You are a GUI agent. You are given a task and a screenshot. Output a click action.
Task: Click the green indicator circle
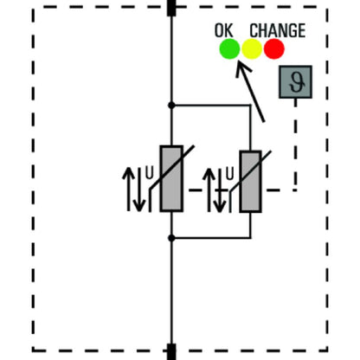229,48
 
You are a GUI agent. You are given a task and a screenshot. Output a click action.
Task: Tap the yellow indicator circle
252,48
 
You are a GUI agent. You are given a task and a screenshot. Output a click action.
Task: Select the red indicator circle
274,48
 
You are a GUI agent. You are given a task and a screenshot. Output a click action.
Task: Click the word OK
224,30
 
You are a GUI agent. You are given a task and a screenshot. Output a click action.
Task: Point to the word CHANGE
278,30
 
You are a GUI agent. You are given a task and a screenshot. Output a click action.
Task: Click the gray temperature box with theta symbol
295,82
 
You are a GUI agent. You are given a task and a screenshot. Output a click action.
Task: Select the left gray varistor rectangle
171,178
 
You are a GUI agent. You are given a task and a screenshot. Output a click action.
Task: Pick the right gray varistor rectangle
251,182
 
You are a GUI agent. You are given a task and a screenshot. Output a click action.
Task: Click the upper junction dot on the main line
171,106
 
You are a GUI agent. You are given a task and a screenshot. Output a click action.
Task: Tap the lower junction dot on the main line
171,238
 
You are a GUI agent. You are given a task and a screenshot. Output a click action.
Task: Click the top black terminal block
171,8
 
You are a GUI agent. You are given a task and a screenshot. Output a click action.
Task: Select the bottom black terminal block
171,351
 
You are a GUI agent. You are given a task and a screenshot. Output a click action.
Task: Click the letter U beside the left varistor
149,173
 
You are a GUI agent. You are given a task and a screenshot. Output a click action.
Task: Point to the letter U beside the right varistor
229,174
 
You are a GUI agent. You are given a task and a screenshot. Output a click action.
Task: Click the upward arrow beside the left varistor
129,189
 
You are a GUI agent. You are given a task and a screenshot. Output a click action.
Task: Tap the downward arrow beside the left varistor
139,190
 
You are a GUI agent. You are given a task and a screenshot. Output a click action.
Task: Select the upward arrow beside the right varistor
209,190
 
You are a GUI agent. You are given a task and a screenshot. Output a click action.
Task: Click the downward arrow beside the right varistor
220,190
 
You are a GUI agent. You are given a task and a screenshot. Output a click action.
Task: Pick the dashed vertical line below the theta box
295,145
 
